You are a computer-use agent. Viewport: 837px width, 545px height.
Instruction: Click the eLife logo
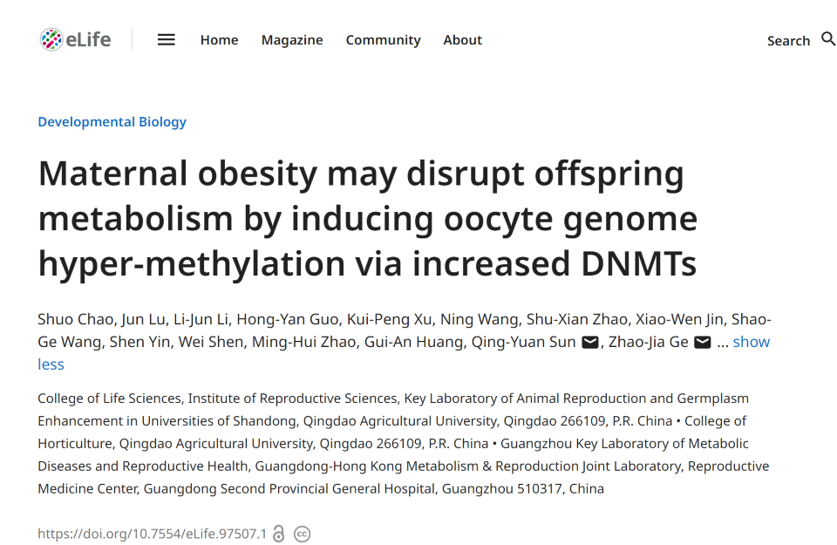click(x=76, y=39)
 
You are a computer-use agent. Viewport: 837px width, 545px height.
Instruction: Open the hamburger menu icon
click(x=167, y=39)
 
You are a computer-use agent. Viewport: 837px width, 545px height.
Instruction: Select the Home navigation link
click(x=219, y=40)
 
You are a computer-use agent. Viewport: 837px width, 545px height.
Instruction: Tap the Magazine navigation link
click(x=292, y=40)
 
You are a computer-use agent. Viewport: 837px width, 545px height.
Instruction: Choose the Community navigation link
click(x=383, y=40)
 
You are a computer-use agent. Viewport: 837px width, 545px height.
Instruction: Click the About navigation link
click(x=462, y=40)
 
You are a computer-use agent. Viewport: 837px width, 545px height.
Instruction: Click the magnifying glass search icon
click(x=828, y=39)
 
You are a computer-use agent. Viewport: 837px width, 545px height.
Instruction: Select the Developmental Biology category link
click(x=112, y=122)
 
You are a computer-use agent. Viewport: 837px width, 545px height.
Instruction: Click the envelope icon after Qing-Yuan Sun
click(x=590, y=343)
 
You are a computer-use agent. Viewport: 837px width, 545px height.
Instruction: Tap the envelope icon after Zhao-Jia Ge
click(x=703, y=343)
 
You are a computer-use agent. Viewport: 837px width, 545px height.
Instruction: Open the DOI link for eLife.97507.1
click(x=152, y=534)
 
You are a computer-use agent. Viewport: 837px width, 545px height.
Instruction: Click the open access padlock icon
click(x=279, y=534)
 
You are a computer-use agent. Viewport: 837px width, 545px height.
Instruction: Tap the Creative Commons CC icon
click(x=303, y=534)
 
